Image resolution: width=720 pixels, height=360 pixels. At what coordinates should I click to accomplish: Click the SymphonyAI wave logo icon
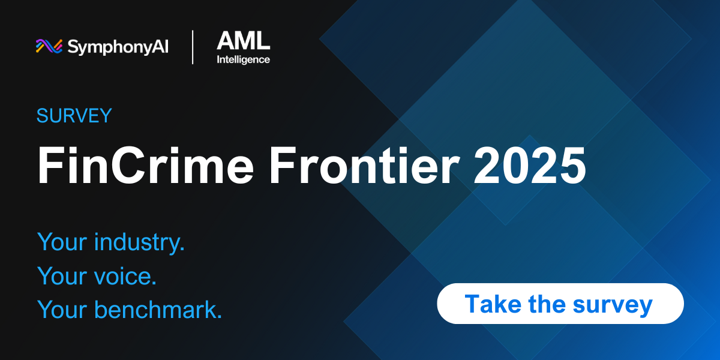(x=49, y=46)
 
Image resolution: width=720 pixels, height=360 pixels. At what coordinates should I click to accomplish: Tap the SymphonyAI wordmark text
(x=118, y=47)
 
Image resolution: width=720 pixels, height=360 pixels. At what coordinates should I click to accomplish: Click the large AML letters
(x=244, y=41)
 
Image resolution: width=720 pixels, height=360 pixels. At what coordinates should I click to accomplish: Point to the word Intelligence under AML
(x=244, y=60)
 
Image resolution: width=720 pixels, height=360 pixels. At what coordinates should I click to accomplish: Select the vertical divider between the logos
(x=193, y=47)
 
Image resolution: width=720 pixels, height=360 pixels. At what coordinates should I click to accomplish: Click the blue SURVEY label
(x=74, y=116)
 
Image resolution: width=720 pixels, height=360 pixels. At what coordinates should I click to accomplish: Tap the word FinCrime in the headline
(x=146, y=165)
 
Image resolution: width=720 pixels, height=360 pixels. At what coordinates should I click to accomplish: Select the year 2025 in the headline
(x=530, y=165)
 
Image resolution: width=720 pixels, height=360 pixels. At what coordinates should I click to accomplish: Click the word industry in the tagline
(x=139, y=242)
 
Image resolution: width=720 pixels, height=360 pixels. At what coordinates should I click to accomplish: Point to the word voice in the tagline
(x=125, y=276)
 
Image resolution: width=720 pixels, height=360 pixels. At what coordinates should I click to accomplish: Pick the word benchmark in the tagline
(x=158, y=310)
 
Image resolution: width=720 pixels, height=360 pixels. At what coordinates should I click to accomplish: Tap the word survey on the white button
(x=613, y=305)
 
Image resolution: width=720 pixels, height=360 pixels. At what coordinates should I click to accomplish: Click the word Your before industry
(x=62, y=242)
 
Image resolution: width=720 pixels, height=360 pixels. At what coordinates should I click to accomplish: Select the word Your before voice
(x=62, y=276)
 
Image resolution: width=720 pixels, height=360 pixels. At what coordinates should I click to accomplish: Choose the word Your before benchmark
(x=62, y=310)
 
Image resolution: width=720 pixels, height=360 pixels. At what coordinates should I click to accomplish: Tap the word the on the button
(x=547, y=304)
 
